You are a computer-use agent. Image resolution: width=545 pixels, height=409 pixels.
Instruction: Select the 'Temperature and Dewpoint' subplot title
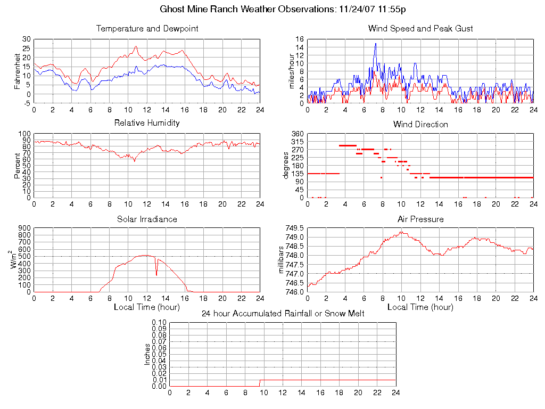(x=147, y=28)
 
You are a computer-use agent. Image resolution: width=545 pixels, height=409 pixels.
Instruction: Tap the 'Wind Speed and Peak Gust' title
(x=420, y=28)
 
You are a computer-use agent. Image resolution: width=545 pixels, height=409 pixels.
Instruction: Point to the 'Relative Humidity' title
(x=147, y=123)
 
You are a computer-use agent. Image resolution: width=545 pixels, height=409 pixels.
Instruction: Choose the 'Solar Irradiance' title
(x=147, y=219)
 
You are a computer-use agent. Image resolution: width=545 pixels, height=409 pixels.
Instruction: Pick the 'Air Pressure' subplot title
(x=420, y=219)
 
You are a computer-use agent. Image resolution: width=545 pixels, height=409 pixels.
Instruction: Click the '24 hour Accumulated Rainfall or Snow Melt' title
(x=283, y=313)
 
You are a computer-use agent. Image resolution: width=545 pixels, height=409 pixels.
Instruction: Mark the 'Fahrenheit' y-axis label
(x=17, y=71)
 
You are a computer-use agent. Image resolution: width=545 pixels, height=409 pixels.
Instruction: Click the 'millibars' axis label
(x=282, y=259)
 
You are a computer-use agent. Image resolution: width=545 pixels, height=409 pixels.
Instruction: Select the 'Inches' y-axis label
(x=147, y=354)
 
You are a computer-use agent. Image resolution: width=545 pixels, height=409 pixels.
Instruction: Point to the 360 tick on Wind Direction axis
(x=297, y=134)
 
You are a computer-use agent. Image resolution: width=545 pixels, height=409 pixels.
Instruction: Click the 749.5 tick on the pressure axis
(x=294, y=228)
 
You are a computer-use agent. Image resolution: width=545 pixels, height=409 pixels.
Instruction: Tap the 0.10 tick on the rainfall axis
(x=159, y=323)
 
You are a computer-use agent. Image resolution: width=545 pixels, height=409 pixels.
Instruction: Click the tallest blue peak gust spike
(x=376, y=44)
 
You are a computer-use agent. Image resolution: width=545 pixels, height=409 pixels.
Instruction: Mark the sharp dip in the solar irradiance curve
(x=156, y=274)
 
